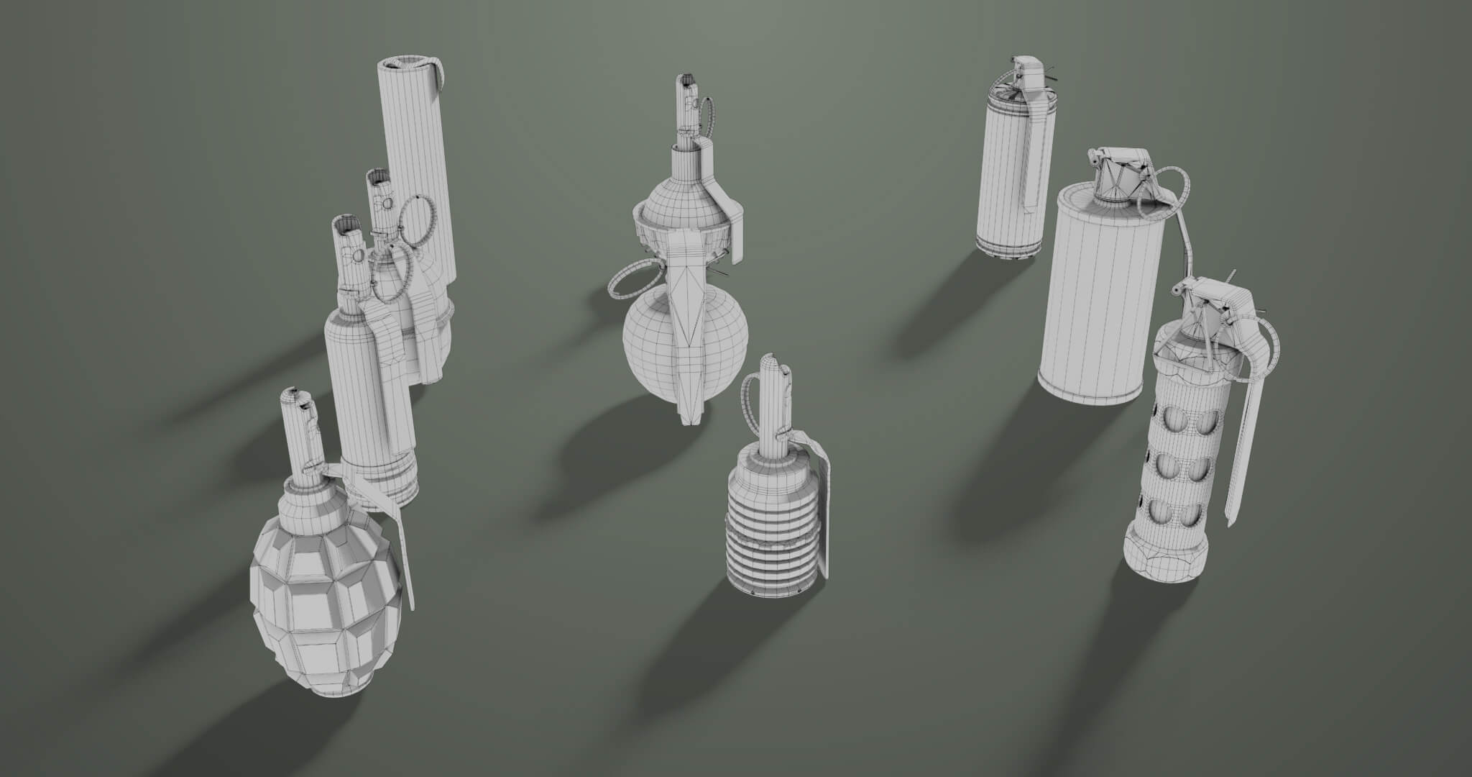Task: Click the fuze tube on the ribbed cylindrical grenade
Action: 770,403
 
